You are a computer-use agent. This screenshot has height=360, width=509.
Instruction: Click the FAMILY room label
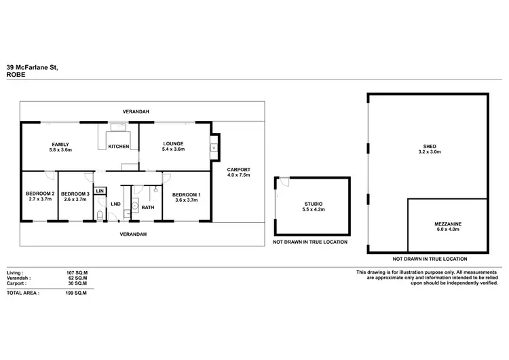point(61,144)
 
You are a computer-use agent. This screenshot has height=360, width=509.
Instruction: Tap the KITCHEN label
point(119,147)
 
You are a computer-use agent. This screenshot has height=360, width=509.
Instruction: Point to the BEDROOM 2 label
point(39,194)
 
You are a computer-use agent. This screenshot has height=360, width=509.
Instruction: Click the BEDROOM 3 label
point(75,194)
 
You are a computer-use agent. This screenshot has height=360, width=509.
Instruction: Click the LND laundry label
point(116,203)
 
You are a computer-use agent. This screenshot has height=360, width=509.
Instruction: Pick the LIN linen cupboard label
point(100,192)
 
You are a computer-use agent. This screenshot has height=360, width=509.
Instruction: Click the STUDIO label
point(314,204)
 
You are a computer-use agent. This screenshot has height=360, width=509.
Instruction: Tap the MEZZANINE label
point(447,223)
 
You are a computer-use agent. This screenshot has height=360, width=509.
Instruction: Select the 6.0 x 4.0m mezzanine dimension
point(447,230)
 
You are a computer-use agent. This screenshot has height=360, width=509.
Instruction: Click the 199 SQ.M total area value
point(77,293)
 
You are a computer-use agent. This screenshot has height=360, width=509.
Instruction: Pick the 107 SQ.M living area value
point(77,272)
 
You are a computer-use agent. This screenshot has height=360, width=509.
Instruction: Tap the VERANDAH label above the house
point(135,111)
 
